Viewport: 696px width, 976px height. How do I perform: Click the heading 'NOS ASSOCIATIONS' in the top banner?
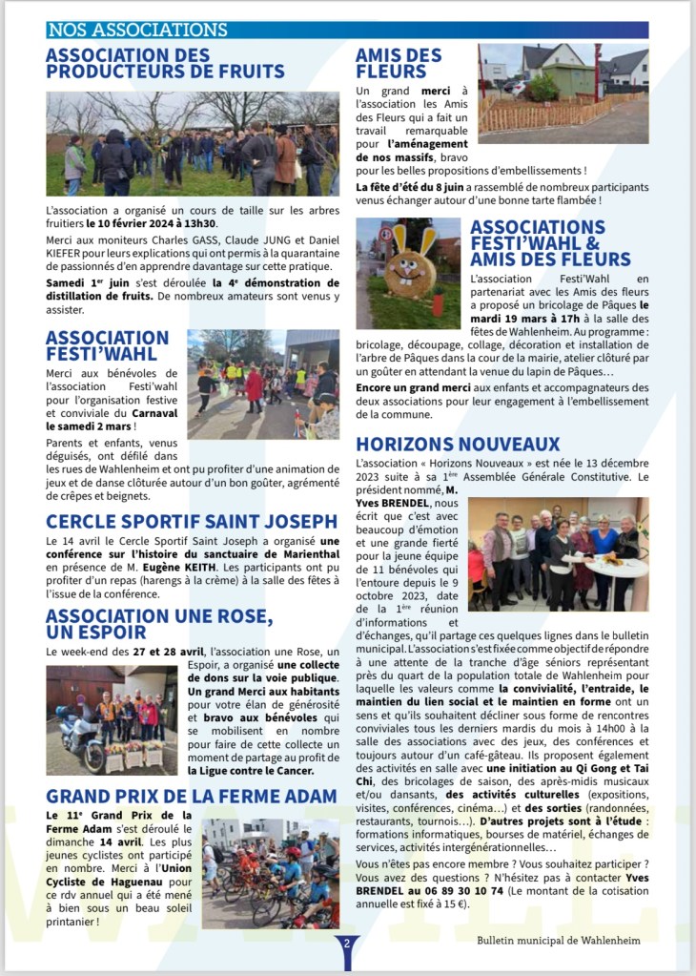pyautogui.click(x=137, y=31)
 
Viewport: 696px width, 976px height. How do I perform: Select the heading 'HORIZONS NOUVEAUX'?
pyautogui.click(x=458, y=445)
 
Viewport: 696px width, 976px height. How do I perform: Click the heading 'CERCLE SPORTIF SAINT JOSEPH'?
pyautogui.click(x=192, y=521)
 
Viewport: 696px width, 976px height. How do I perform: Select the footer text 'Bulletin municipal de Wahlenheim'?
pyautogui.click(x=559, y=940)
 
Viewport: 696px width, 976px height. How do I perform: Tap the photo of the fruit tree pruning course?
pyautogui.click(x=192, y=144)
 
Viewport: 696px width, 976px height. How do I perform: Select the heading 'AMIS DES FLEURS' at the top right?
pyautogui.click(x=399, y=63)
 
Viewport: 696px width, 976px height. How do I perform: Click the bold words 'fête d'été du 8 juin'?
pyautogui.click(x=424, y=187)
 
